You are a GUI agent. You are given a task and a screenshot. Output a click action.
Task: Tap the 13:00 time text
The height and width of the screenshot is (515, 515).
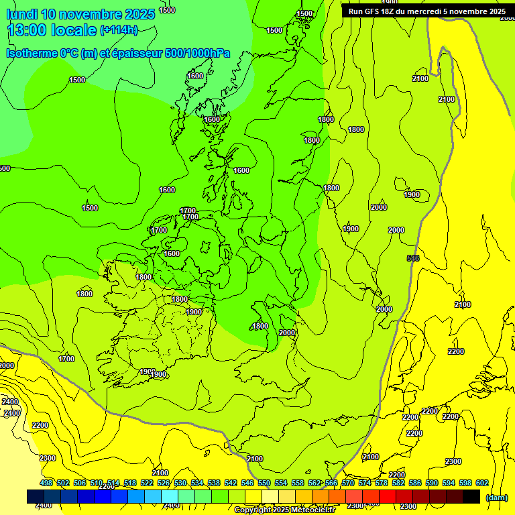click(x=30, y=30)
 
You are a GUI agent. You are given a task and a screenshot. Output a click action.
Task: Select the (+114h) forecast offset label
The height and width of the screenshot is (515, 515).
click(x=119, y=30)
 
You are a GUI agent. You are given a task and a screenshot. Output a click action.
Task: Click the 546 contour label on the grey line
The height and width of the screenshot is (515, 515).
click(x=413, y=258)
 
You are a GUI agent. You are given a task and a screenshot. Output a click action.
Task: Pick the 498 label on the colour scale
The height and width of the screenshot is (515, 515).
click(x=46, y=483)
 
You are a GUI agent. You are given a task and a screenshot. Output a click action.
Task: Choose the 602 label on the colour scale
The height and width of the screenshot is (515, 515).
click(x=481, y=483)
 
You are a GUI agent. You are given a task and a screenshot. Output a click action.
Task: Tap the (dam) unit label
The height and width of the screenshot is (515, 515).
click(x=496, y=498)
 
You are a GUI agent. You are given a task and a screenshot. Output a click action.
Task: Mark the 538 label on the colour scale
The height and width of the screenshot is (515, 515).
click(x=214, y=483)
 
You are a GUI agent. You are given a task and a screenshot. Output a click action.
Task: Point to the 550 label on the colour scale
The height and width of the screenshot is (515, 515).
click(x=264, y=483)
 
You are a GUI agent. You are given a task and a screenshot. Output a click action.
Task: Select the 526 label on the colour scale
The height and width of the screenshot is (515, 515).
click(x=164, y=483)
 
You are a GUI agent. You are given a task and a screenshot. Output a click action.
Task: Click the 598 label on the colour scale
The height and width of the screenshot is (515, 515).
click(x=465, y=483)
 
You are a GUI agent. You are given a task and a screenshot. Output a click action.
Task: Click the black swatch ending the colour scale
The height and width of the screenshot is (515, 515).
click(x=471, y=496)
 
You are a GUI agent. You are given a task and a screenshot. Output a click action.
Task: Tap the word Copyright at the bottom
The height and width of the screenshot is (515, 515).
click(x=253, y=510)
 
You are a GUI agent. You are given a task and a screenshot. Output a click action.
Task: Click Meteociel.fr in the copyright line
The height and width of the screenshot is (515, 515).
click(x=312, y=510)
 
